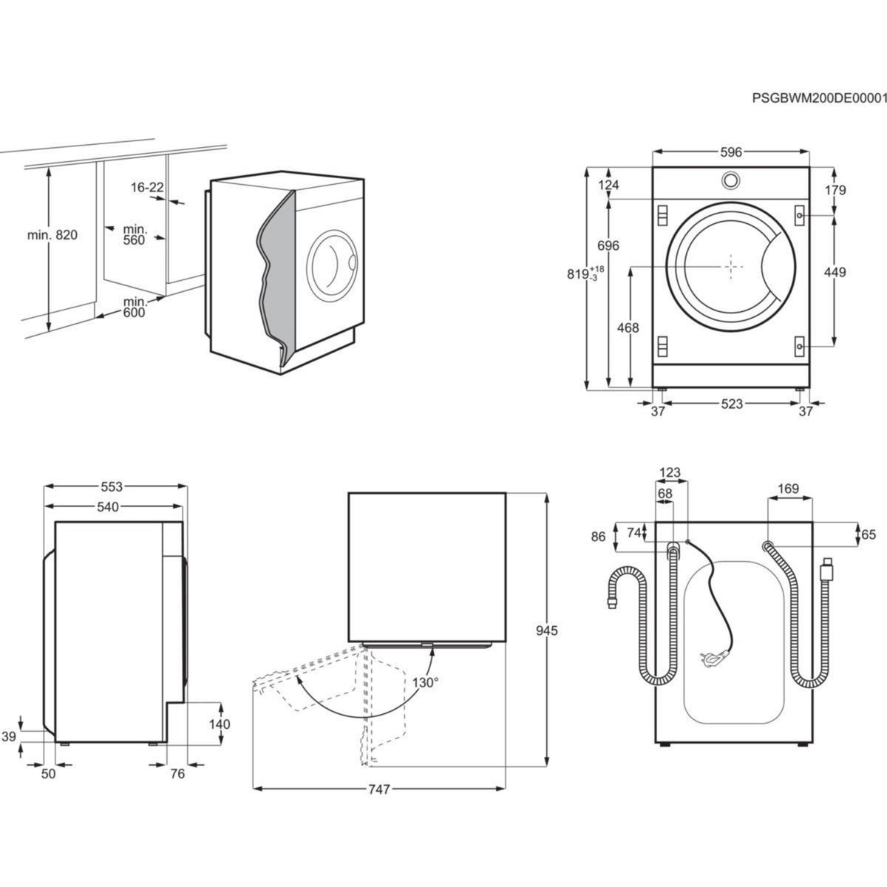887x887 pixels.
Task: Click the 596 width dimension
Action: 730,153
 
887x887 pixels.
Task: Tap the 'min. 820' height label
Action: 52,236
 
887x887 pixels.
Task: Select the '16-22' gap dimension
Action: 147,188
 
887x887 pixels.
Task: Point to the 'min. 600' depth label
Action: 135,307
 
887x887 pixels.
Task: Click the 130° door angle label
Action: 426,682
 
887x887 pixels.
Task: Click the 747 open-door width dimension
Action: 378,789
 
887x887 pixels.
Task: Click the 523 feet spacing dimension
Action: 731,404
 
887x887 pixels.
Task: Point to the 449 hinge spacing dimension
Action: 835,272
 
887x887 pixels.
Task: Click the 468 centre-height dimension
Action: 627,328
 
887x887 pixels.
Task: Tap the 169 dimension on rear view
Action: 789,488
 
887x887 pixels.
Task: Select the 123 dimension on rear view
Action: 670,472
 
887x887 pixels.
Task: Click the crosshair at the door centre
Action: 731,267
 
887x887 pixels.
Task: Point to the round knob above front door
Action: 730,180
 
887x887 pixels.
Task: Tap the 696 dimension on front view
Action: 608,245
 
